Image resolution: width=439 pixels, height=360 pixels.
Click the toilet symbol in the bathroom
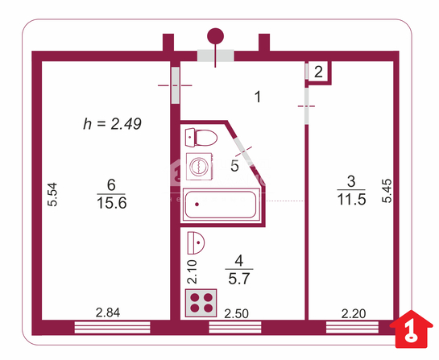(x=201, y=138)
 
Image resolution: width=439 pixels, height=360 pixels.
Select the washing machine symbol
(x=199, y=167)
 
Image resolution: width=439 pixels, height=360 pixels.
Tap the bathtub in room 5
(x=221, y=205)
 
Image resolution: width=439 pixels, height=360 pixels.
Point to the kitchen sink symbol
(x=196, y=242)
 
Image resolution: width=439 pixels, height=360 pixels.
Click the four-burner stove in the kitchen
(x=201, y=303)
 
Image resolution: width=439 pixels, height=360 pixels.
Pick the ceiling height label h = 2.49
(x=112, y=124)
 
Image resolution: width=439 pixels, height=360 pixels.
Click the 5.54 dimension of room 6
(x=52, y=195)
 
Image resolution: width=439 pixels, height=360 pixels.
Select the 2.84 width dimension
(x=108, y=312)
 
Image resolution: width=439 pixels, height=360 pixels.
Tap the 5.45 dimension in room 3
(x=387, y=191)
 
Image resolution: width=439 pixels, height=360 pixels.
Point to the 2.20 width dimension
(x=354, y=314)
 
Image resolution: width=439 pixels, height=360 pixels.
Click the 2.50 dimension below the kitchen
(x=236, y=314)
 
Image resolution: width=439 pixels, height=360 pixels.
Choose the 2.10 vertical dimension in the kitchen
(x=193, y=272)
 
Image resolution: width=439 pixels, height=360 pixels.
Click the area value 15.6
(x=112, y=203)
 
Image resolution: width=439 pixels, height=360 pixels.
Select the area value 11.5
(x=352, y=200)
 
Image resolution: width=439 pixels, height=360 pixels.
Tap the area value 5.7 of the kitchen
(x=238, y=279)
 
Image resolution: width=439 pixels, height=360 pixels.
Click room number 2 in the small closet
(x=318, y=72)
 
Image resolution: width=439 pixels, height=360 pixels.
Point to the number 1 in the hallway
(x=258, y=97)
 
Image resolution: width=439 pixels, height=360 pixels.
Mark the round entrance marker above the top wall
(x=215, y=36)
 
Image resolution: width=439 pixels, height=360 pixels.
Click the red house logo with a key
(x=412, y=329)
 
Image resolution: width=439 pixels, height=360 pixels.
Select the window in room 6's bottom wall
(x=112, y=327)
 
